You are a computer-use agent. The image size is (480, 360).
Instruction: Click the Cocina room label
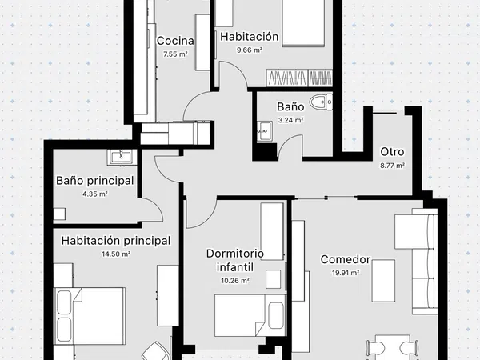175,41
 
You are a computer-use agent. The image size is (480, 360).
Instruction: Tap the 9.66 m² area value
249,50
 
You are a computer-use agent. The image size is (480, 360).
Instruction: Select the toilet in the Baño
321,102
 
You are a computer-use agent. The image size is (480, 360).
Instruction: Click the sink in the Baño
265,131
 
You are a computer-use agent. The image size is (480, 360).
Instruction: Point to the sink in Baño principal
122,157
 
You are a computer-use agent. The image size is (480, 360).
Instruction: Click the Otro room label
392,152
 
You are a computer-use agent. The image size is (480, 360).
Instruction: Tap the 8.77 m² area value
393,166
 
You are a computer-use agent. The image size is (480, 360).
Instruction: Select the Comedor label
346,259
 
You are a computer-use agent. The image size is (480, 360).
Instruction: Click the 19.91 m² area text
346,273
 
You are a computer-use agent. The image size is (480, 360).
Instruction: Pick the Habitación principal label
116,241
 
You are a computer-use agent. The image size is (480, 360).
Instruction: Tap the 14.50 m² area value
116,254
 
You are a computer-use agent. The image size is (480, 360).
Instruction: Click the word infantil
234,267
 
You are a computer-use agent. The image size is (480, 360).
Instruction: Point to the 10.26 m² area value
234,281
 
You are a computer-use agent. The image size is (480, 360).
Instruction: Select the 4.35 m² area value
95,194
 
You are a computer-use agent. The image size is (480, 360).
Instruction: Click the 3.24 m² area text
290,120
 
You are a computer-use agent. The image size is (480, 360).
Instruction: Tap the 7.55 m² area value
175,54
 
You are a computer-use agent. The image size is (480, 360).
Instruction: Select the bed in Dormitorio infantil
250,315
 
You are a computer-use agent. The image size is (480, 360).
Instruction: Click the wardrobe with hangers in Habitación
299,78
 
